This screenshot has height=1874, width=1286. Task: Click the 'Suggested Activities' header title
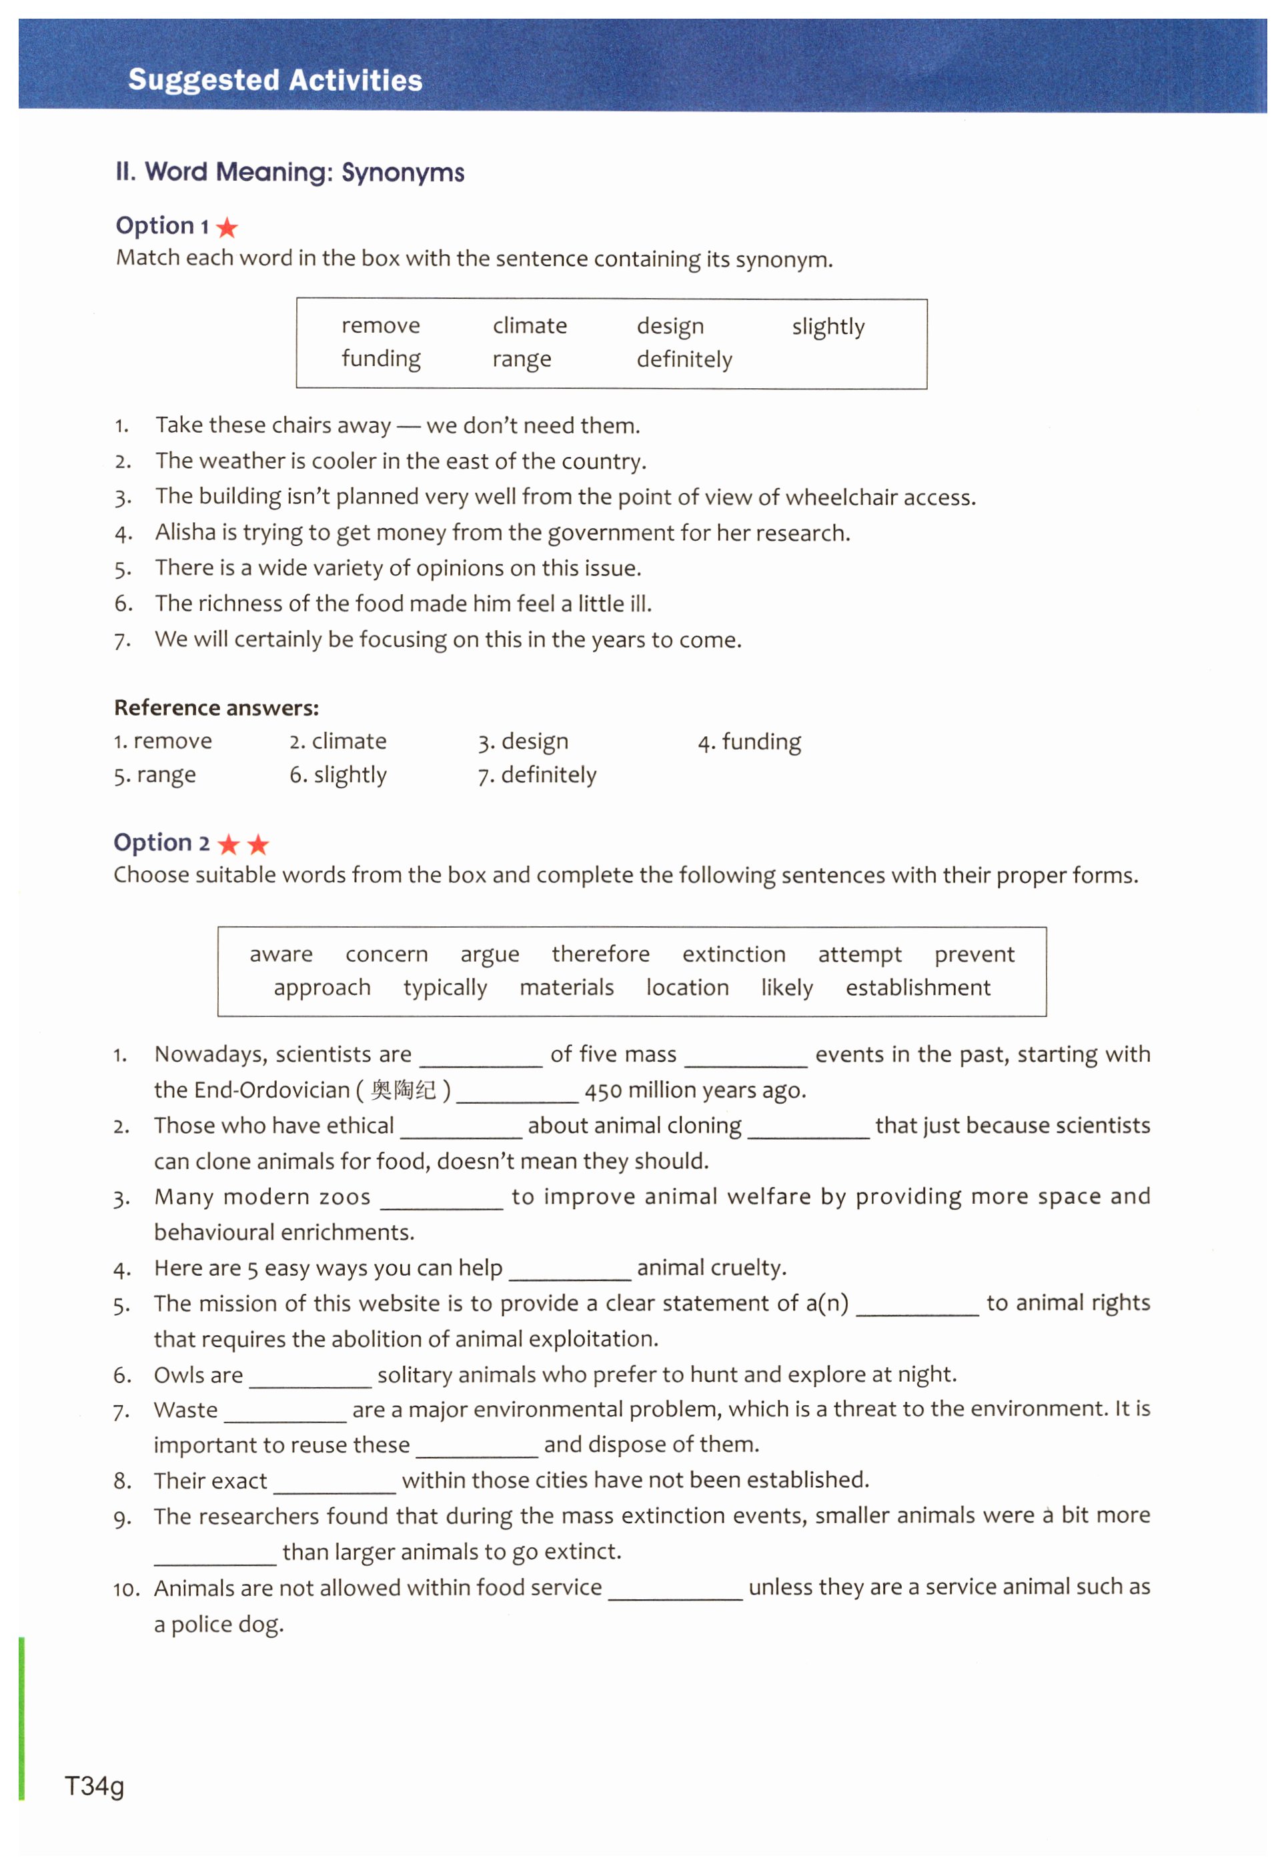tap(275, 80)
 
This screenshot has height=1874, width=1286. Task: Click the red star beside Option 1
tap(227, 227)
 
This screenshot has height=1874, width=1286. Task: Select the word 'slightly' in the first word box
tap(827, 327)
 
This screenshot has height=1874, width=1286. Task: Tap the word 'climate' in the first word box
tap(530, 325)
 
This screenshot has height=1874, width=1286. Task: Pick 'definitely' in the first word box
tap(684, 359)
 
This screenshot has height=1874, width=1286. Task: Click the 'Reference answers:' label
tap(216, 708)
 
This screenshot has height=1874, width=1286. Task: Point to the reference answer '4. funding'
tap(749, 742)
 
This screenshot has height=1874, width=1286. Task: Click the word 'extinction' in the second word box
tap(733, 955)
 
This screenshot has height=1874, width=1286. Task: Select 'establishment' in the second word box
tap(918, 988)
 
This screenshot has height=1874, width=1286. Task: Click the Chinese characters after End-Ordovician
tap(402, 1091)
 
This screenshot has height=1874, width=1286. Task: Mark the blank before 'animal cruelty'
tap(569, 1272)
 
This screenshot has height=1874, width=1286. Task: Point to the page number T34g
tap(94, 1786)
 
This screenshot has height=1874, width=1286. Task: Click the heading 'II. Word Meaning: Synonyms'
tap(289, 172)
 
